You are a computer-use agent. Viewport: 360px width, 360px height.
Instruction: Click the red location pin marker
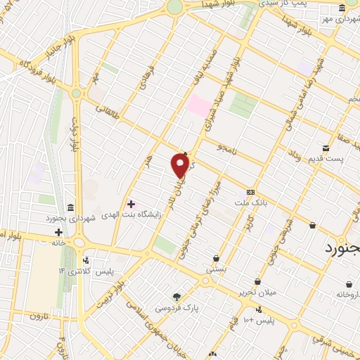click(180, 165)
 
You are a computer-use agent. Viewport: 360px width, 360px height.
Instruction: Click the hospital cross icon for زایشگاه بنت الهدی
click(131, 204)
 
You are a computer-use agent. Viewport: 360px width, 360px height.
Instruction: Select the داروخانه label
click(348, 294)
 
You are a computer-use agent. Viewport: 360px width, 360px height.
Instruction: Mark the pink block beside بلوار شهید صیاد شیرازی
click(198, 107)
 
